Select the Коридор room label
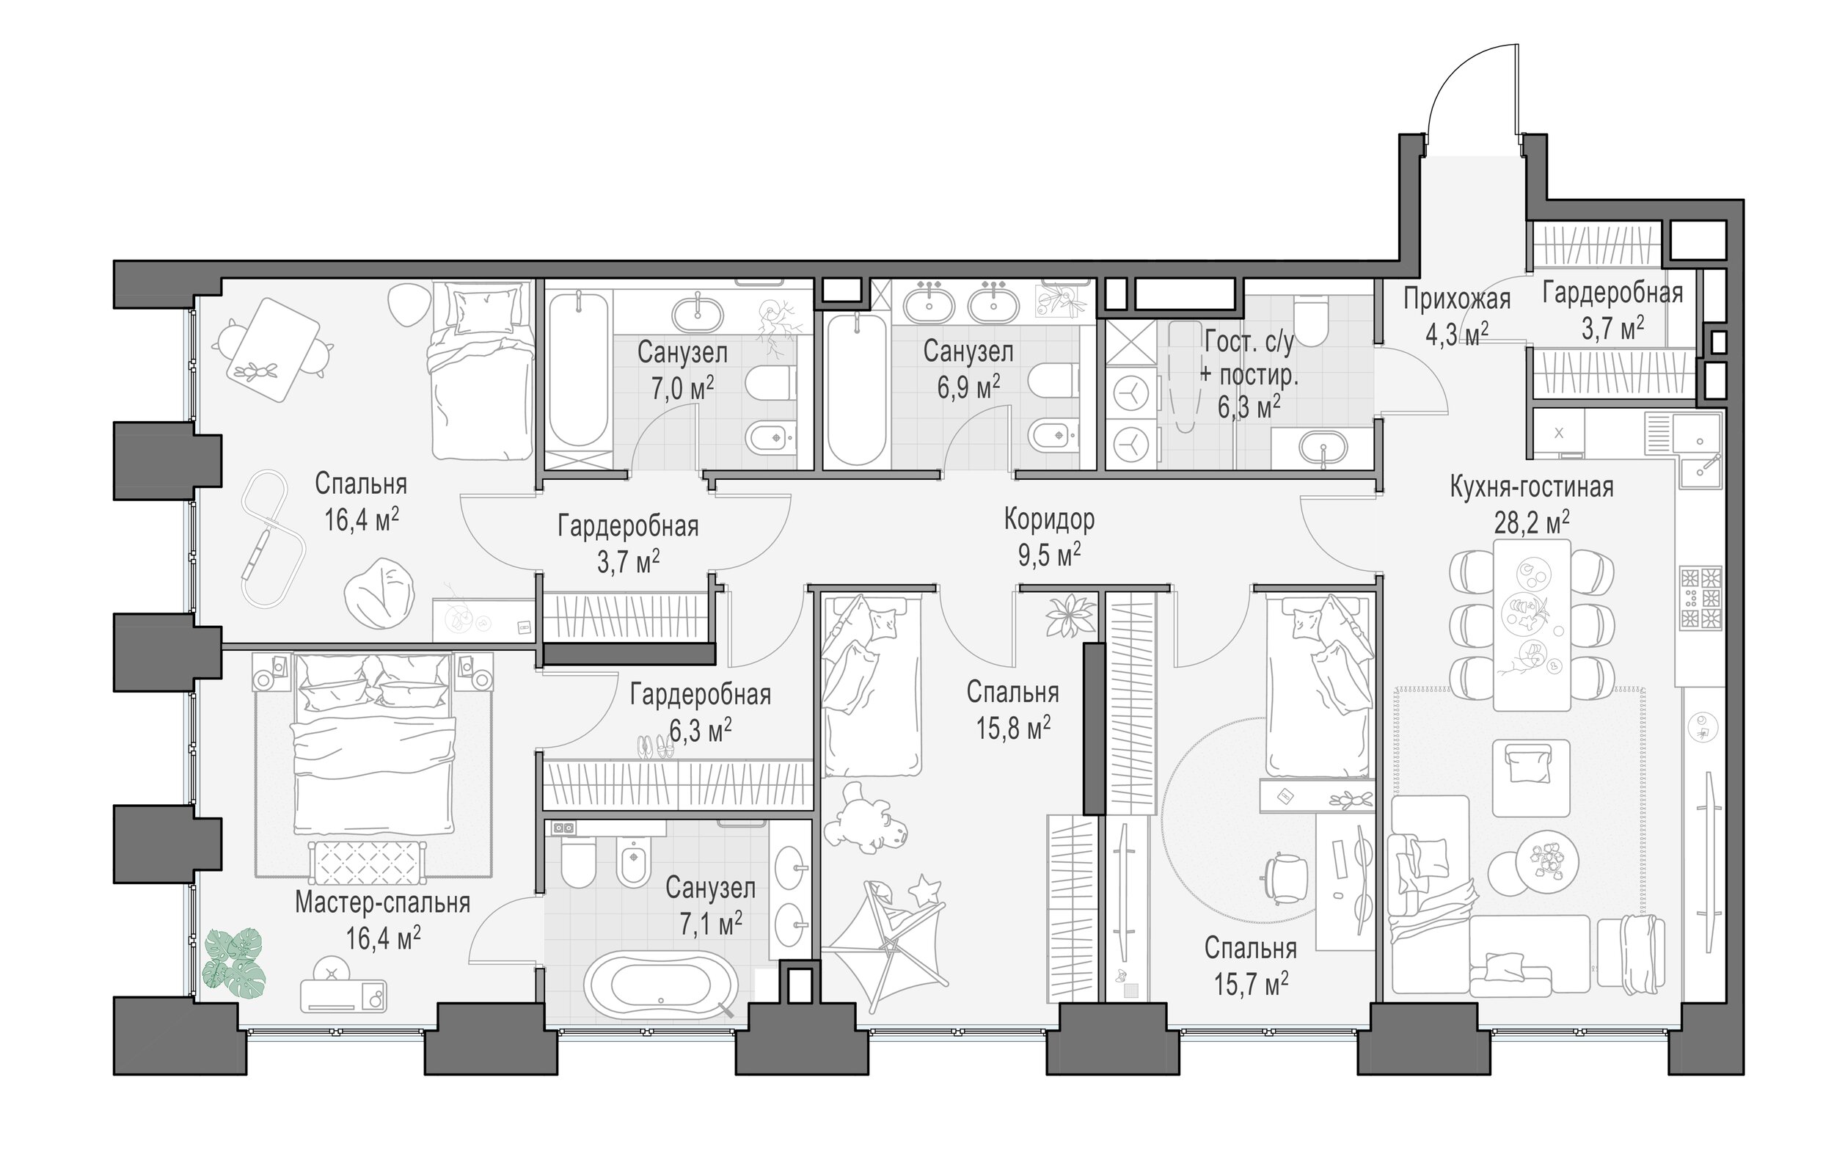point(1049,519)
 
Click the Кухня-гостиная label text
point(1531,486)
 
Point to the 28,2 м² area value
point(1531,522)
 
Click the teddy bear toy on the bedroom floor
point(873,823)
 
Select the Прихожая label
point(1457,299)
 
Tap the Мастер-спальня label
point(382,902)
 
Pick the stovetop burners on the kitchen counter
point(1700,598)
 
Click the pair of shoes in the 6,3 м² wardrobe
point(656,747)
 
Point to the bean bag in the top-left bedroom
point(379,594)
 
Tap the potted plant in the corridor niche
point(1070,616)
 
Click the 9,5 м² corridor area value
point(1049,555)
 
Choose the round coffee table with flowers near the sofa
point(1546,861)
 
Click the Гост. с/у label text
point(1249,343)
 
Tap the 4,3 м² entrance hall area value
point(1457,335)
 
